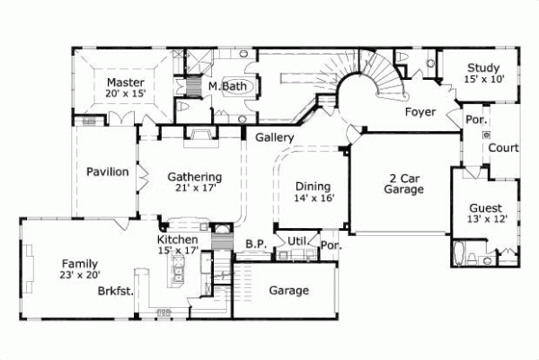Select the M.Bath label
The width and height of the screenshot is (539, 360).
(x=228, y=86)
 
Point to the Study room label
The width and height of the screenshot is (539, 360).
(x=482, y=66)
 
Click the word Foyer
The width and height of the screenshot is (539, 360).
(x=420, y=112)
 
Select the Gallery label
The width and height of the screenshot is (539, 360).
(x=275, y=137)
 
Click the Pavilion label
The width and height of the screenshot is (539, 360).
(x=108, y=171)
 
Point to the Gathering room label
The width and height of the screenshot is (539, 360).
(x=195, y=177)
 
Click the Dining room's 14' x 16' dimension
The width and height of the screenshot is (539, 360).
(x=314, y=198)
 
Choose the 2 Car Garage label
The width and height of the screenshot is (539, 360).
(x=404, y=183)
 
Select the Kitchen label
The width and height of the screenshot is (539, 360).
(x=178, y=241)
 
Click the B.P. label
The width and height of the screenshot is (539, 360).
(x=256, y=243)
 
